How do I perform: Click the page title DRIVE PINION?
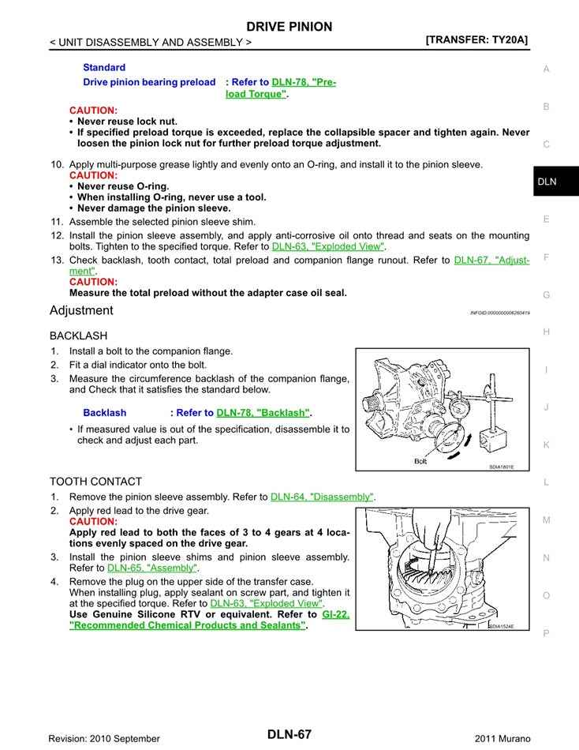coord(289,27)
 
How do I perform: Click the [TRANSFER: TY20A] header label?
coord(476,39)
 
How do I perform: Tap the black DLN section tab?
coord(548,182)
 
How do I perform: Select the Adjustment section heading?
coord(81,310)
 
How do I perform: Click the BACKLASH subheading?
coord(78,336)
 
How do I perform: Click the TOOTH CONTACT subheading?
coord(95,482)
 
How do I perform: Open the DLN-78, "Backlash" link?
coord(263,413)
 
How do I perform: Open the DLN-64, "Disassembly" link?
coord(321,497)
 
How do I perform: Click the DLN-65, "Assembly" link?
coord(152,568)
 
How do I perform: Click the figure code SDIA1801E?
coord(501,467)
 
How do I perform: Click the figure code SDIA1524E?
coord(501,626)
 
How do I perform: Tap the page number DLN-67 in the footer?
coord(289,735)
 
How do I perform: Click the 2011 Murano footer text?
coord(501,738)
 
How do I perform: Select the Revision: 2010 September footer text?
coord(104,738)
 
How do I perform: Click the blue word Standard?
coord(104,68)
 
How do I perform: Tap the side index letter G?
coord(546,295)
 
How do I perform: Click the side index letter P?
coord(546,633)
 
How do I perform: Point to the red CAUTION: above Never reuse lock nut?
coord(93,111)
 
